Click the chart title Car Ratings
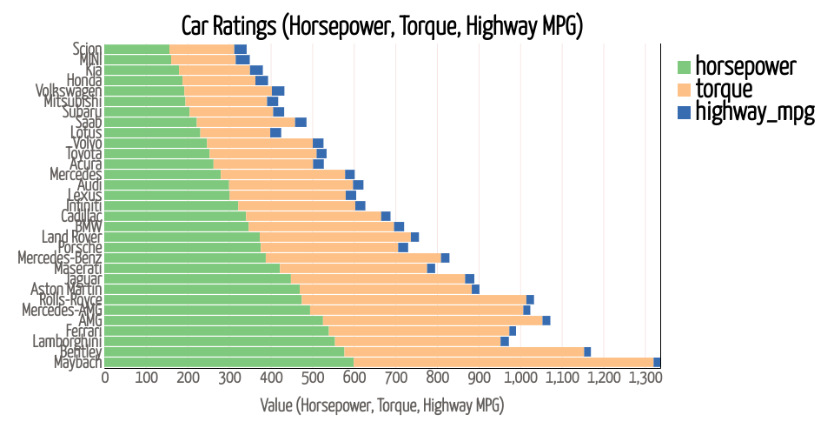point(381,25)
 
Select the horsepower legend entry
point(746,66)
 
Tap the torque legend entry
point(724,89)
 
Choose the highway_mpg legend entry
point(755,111)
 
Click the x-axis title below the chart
point(382,405)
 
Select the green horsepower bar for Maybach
point(229,362)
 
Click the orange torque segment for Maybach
point(503,362)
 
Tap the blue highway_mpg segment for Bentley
point(587,351)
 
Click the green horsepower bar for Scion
point(137,50)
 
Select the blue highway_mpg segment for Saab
point(301,123)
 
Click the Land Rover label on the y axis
point(72,238)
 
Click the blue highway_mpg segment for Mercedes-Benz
point(446,258)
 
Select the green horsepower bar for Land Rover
point(182,238)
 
